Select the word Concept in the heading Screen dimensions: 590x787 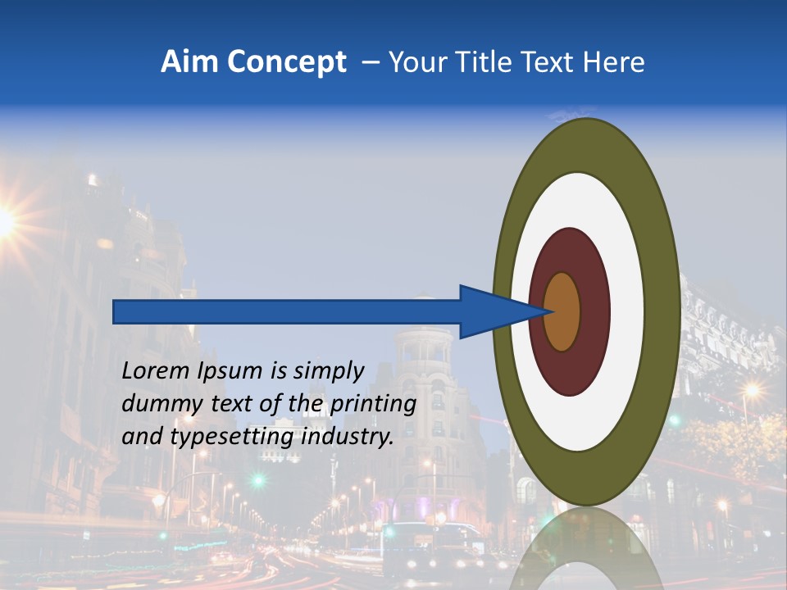[x=286, y=63]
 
